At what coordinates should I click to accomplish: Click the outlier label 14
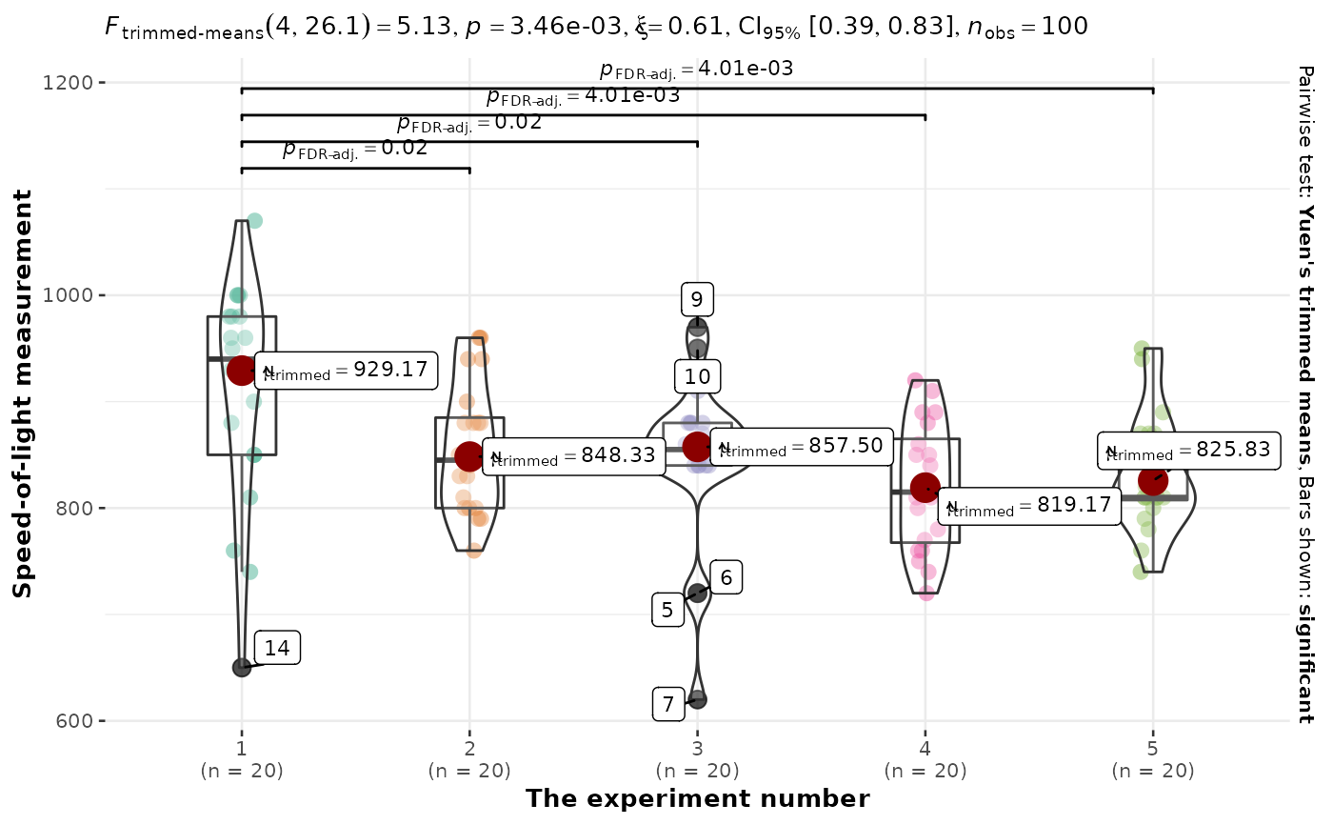tap(277, 648)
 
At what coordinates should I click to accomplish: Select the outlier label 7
tap(667, 704)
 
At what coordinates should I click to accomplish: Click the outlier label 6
tap(726, 577)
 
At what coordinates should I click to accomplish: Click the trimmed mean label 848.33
tap(572, 455)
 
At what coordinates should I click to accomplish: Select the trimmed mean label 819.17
tap(1028, 505)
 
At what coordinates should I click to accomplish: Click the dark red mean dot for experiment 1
tap(242, 371)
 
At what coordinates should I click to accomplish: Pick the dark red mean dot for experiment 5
tap(1153, 481)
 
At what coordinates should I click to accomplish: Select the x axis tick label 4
tap(925, 749)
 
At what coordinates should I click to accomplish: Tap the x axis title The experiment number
tap(697, 798)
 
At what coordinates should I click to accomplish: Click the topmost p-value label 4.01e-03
tap(696, 69)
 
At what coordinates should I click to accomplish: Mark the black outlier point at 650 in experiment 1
tap(242, 667)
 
